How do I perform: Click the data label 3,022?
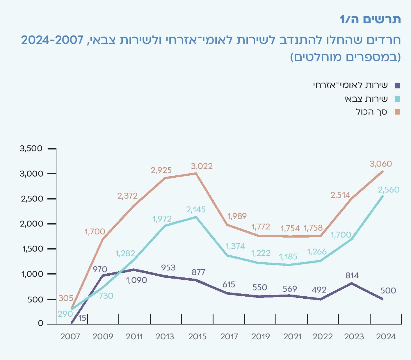click(202, 166)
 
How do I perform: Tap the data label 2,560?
click(389, 190)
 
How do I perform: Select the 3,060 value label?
click(381, 164)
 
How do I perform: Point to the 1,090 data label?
click(136, 280)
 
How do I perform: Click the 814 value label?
click(352, 275)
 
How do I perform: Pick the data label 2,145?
click(196, 210)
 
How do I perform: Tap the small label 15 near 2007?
click(82, 318)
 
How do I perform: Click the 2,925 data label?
click(161, 170)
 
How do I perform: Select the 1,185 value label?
click(288, 257)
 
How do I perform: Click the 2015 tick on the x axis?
click(197, 337)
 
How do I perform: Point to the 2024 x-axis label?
click(386, 337)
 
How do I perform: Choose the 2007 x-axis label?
click(70, 337)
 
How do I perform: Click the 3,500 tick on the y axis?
click(31, 149)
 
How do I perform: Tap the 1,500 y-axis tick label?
click(32, 249)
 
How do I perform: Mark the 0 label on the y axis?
click(40, 324)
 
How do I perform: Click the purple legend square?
click(397, 85)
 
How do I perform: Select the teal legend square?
click(397, 99)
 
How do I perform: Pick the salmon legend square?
click(397, 112)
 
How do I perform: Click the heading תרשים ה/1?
click(370, 19)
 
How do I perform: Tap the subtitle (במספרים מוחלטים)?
click(345, 57)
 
